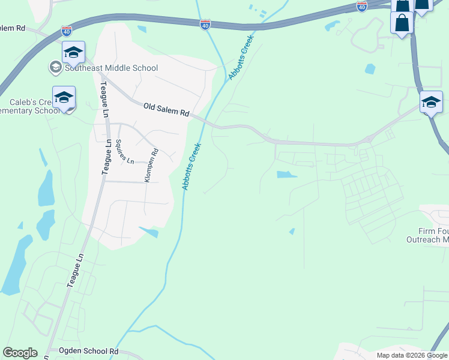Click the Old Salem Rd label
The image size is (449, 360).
pyautogui.click(x=166, y=109)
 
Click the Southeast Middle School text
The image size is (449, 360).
pyautogui.click(x=112, y=68)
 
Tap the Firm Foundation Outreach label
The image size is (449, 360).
pyautogui.click(x=433, y=236)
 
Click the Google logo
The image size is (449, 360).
pyautogui.click(x=20, y=353)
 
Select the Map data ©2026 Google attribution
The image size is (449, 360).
pyautogui.click(x=412, y=355)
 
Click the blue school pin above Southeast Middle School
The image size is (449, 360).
pyautogui.click(x=73, y=53)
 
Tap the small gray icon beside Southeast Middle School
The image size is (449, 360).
pyautogui.click(x=56, y=67)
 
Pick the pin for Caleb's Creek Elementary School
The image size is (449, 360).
pyautogui.click(x=64, y=98)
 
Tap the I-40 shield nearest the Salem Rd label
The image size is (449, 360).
pyautogui.click(x=67, y=30)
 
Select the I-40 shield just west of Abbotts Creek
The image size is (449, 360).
pyautogui.click(x=205, y=24)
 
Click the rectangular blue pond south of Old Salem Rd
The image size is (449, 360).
pyautogui.click(x=286, y=175)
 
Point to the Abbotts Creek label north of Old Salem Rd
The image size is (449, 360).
pyautogui.click(x=241, y=58)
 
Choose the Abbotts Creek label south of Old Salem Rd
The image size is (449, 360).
pyautogui.click(x=191, y=167)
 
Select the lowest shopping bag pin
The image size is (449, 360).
pyautogui.click(x=400, y=24)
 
